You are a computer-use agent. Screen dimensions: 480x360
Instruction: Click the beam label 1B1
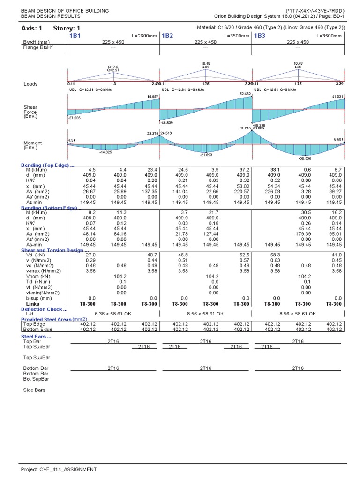tap(75, 36)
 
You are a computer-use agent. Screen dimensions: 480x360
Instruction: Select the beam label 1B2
tap(167, 36)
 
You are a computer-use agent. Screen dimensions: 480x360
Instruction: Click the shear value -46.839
tap(167, 122)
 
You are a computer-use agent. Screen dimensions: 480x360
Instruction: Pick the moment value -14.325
tap(106, 152)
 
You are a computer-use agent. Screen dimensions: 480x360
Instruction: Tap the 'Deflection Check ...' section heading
tap(44, 309)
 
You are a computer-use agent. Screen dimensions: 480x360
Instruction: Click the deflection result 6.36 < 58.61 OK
tap(113, 314)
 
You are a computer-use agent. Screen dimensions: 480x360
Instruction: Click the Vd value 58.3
tap(272, 255)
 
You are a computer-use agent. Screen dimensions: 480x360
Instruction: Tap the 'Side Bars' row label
tap(34, 390)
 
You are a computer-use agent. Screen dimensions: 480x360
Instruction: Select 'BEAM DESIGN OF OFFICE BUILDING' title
tap(65, 10)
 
